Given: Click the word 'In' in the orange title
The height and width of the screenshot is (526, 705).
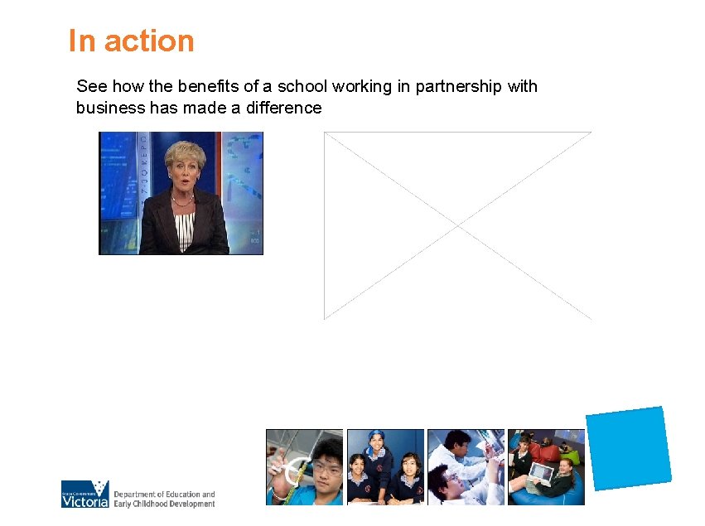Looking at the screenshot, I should click(82, 41).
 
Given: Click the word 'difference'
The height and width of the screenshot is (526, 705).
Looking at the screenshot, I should click(283, 108).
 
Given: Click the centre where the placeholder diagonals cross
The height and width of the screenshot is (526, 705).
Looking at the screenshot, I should click(457, 225).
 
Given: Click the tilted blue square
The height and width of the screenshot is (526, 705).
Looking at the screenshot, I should click(628, 448).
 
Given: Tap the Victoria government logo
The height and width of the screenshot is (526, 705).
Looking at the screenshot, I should click(85, 495).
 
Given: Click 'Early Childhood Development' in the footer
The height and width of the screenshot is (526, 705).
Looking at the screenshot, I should click(164, 503).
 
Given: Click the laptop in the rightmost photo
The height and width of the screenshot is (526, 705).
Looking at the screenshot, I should click(539, 473).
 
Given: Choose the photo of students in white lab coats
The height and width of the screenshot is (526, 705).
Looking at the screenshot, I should click(466, 466).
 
